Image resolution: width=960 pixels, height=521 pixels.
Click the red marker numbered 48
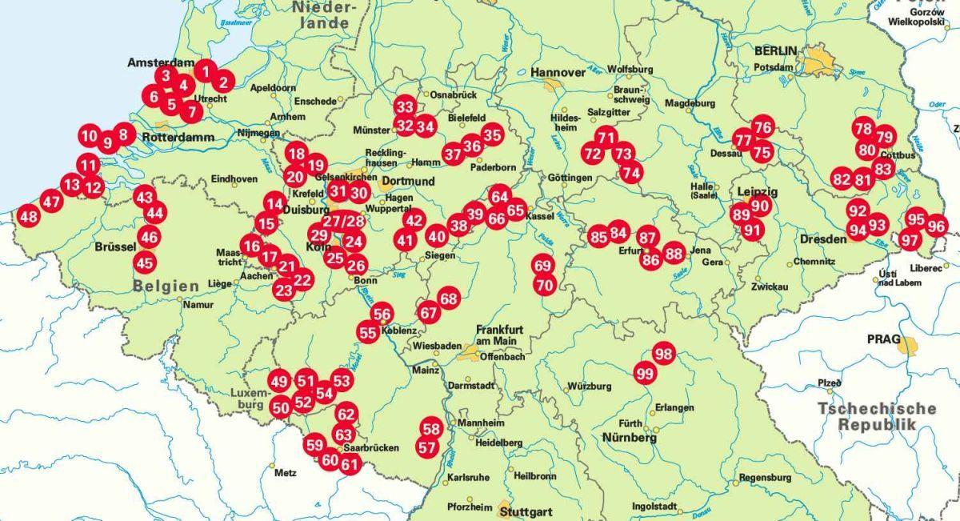[29, 216]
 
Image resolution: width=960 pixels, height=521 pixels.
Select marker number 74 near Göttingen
[631, 172]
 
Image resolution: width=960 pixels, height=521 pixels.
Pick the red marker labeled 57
[427, 448]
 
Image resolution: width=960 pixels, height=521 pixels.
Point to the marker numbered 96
[936, 226]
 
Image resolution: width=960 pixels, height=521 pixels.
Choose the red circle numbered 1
[206, 72]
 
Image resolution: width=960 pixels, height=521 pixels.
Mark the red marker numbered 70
[545, 284]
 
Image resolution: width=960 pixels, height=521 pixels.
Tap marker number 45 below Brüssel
[145, 262]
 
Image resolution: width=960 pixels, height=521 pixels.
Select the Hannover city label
[558, 73]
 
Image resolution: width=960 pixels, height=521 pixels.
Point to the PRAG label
[884, 339]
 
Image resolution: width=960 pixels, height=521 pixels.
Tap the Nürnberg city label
[630, 439]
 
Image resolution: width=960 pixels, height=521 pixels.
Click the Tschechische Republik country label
[877, 416]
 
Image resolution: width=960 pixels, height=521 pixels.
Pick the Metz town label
[285, 473]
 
